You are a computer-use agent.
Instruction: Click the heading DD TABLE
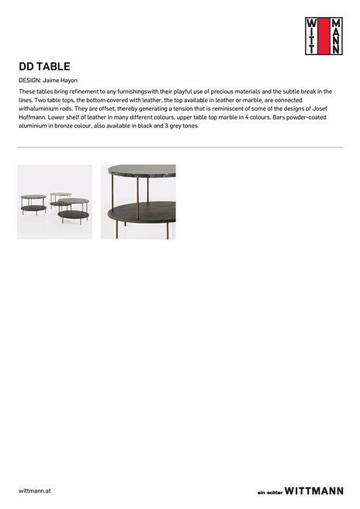pyautogui.click(x=44, y=67)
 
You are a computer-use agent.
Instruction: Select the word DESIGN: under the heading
pyautogui.click(x=29, y=81)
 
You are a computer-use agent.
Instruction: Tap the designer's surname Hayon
pyautogui.click(x=69, y=81)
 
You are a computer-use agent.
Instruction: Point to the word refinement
pyautogui.click(x=95, y=92)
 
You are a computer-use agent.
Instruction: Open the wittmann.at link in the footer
pyautogui.click(x=35, y=491)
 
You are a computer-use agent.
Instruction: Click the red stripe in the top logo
pyautogui.click(x=323, y=36)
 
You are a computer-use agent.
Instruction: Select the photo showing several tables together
pyautogui.click(x=54, y=202)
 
